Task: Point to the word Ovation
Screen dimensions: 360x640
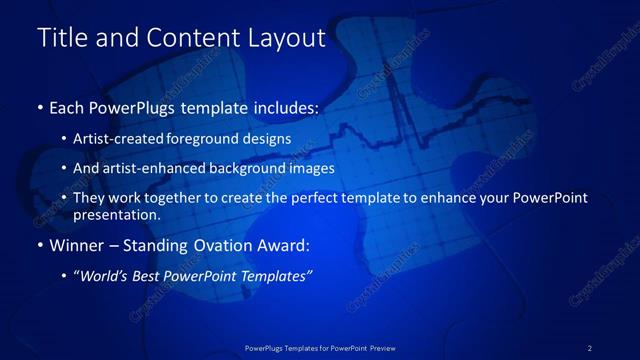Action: pos(218,245)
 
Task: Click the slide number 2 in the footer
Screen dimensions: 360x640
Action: pos(590,348)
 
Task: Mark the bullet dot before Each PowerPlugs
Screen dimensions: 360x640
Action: pos(39,106)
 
